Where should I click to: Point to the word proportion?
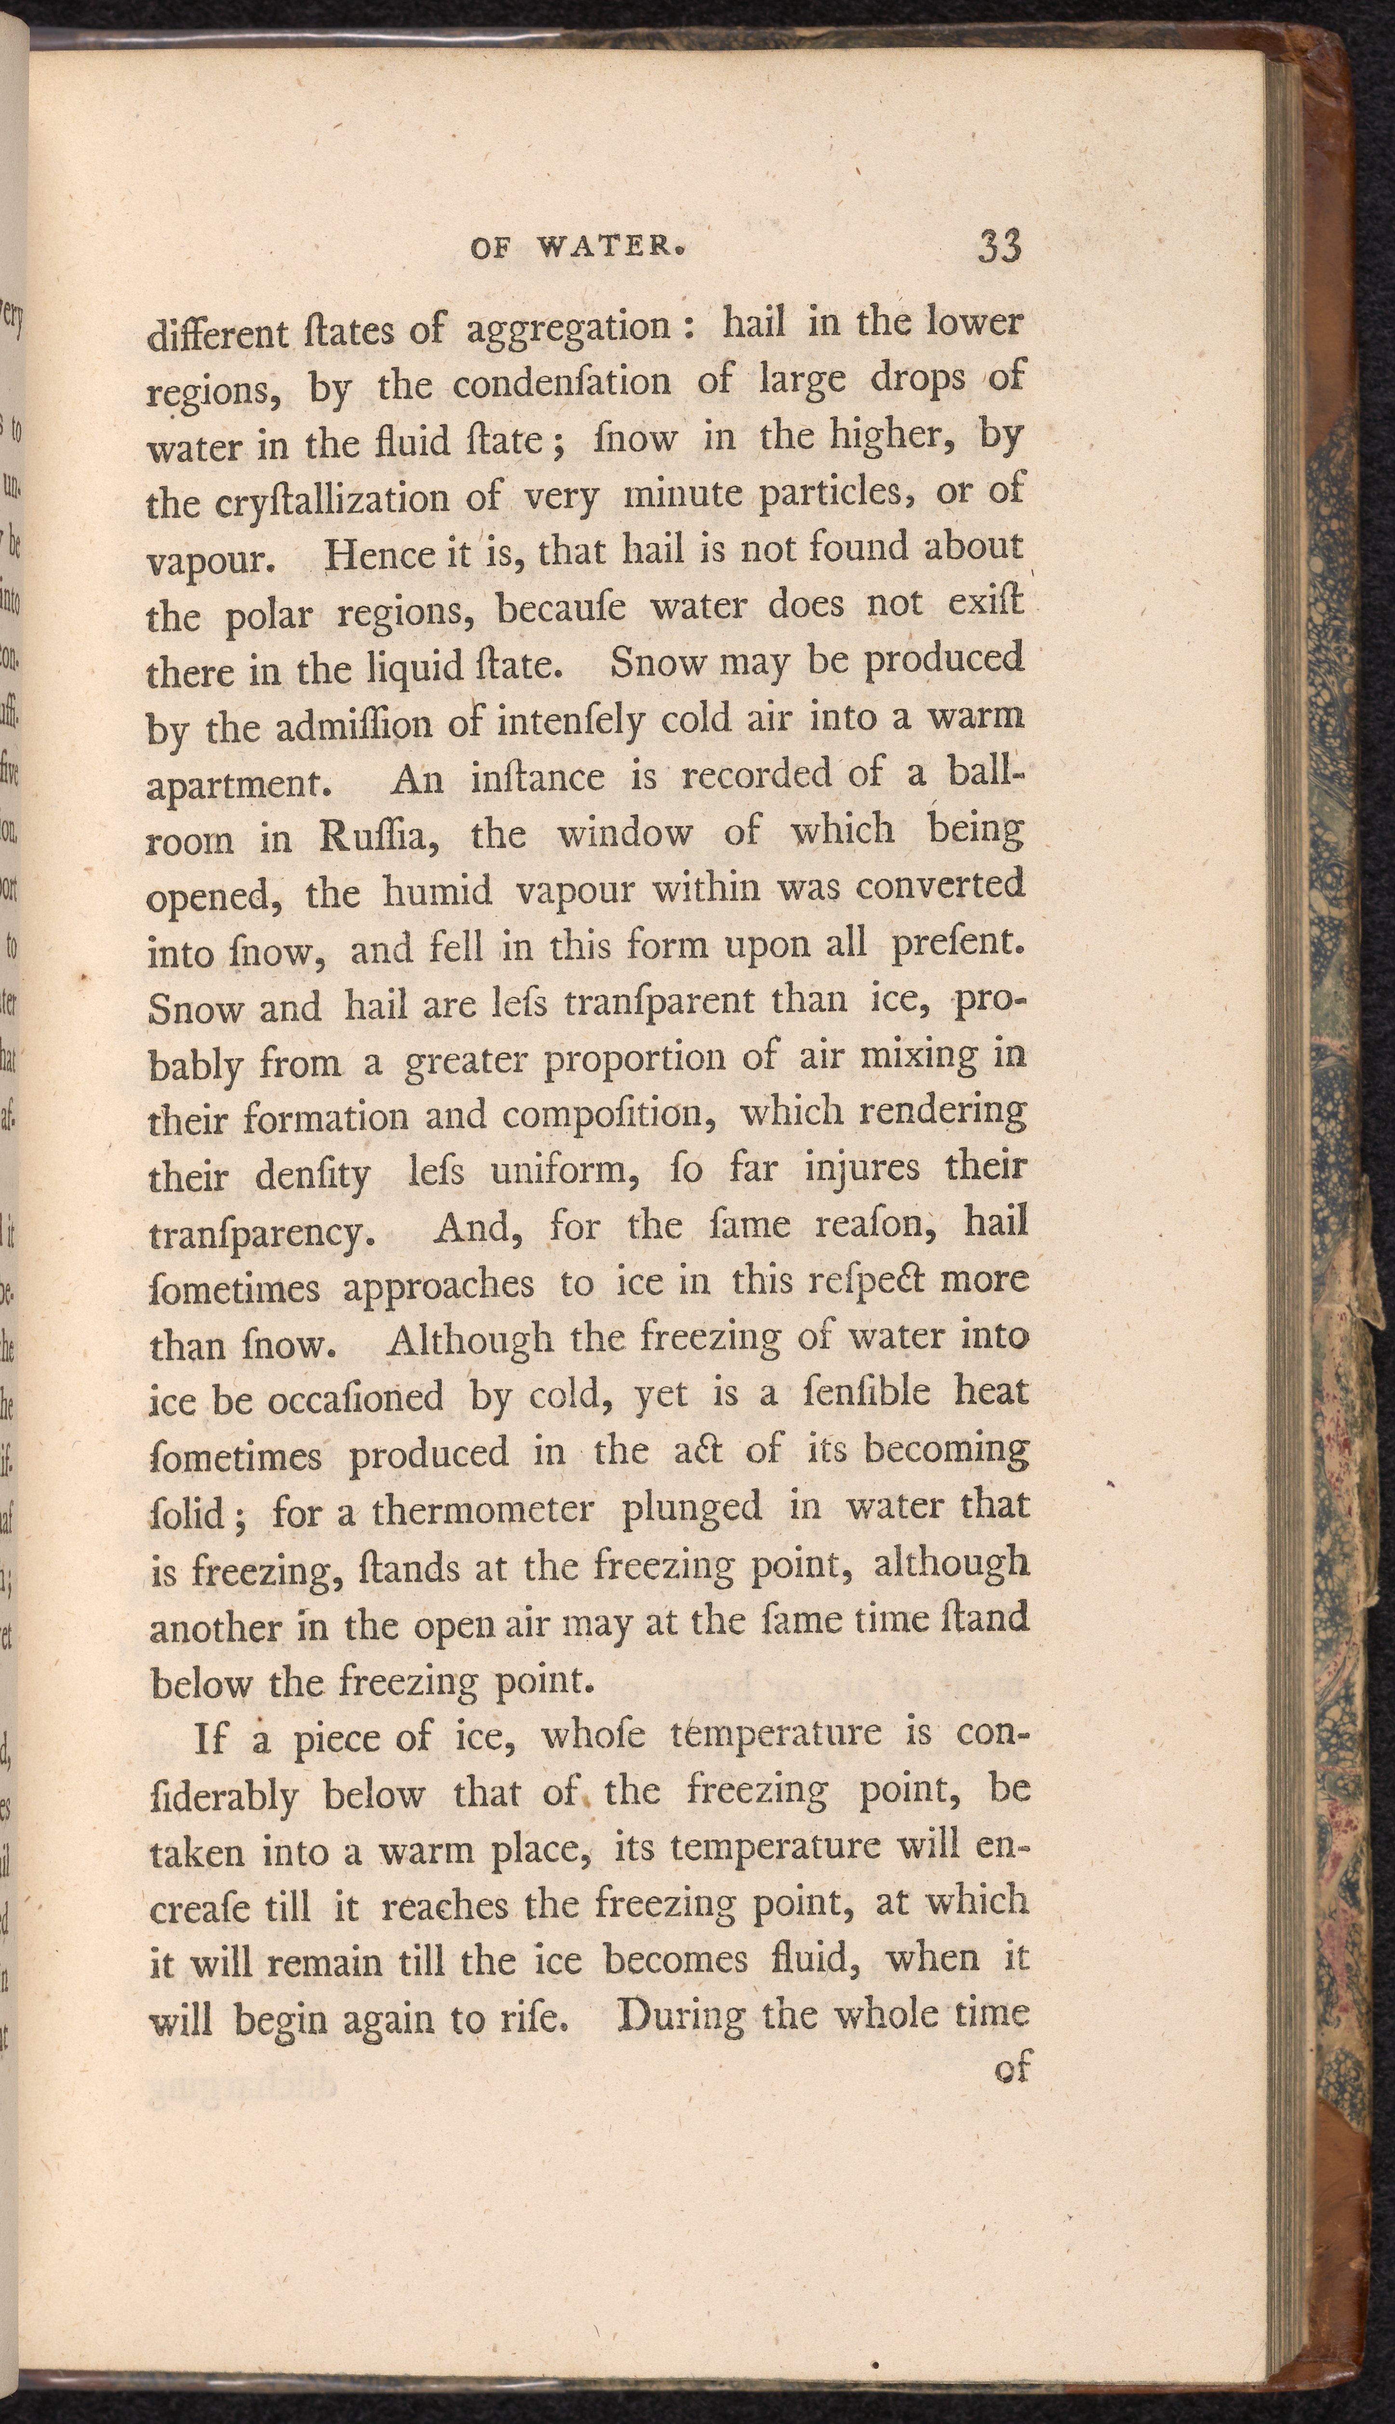coord(636,1059)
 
